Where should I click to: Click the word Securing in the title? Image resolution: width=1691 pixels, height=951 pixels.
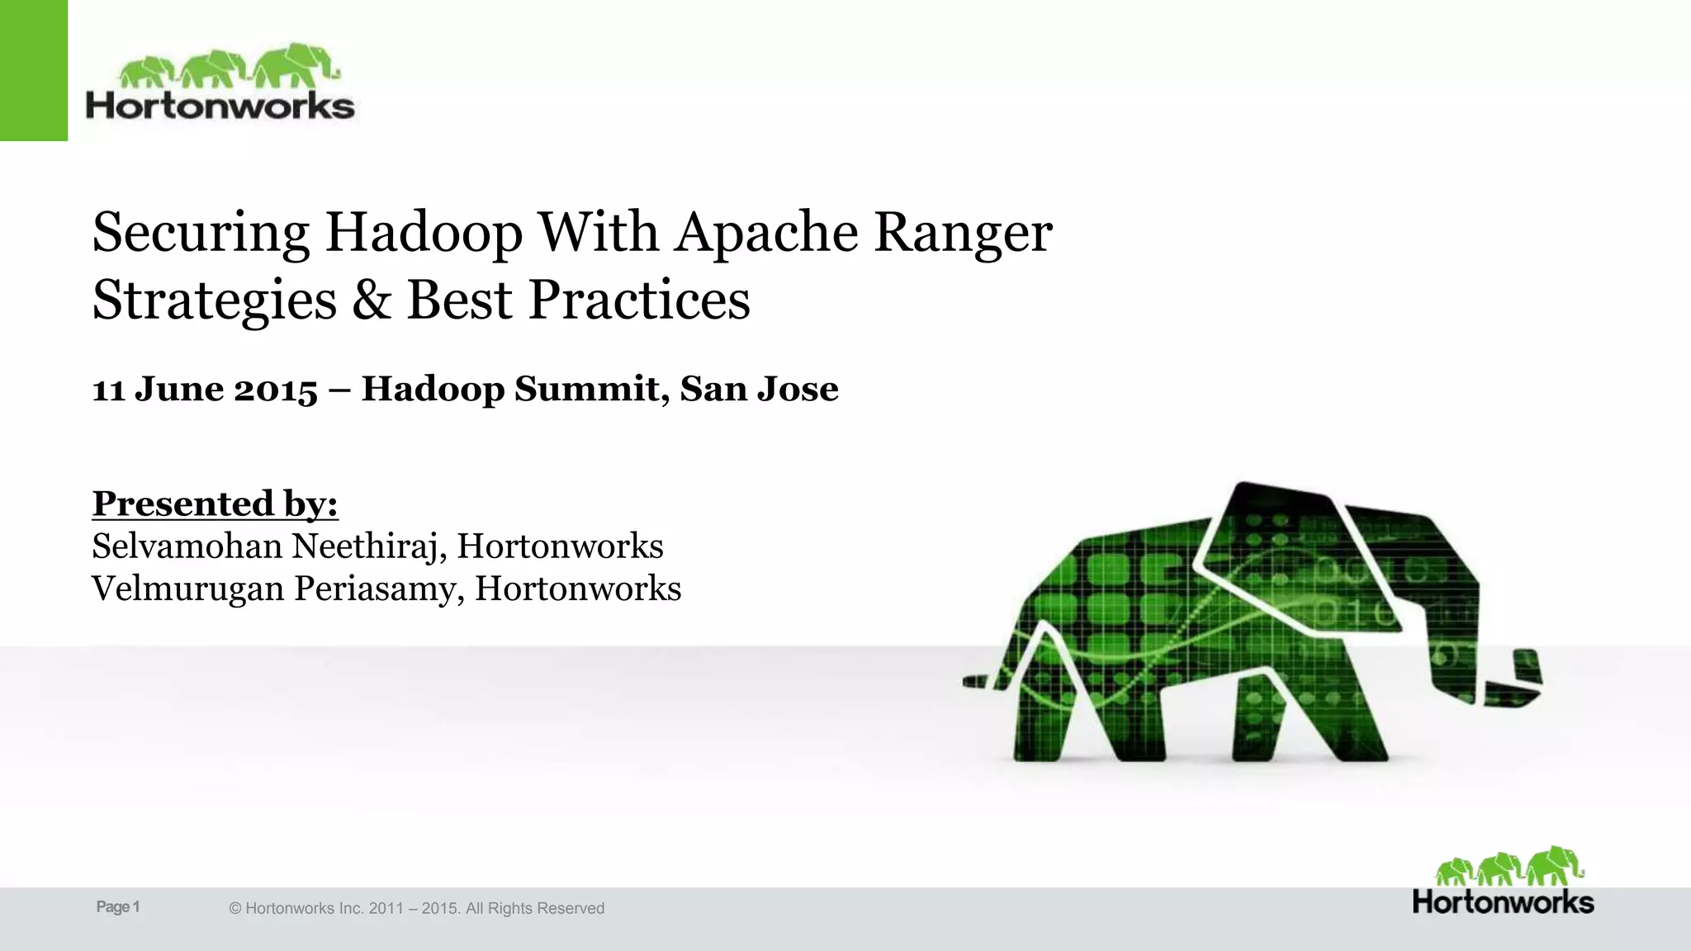(201, 233)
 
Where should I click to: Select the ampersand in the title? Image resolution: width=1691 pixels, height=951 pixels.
(371, 300)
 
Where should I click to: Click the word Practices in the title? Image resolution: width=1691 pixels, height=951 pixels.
(639, 300)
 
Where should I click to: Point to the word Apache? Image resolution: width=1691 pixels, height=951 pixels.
(767, 233)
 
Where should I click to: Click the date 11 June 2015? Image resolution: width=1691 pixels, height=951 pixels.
(205, 389)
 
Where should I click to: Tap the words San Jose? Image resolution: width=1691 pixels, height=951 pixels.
(759, 389)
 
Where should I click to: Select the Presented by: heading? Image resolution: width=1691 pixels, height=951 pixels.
(215, 504)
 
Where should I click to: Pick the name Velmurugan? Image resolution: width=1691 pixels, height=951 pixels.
(187, 589)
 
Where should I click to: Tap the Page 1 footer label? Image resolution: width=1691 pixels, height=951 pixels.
(118, 907)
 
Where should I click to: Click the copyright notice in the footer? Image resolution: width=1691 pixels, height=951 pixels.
(416, 908)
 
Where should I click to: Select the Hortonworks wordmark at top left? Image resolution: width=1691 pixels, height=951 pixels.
(220, 106)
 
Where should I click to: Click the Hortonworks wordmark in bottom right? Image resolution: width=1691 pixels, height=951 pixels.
(1503, 902)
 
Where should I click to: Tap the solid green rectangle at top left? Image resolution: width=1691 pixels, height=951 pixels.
(33, 70)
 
